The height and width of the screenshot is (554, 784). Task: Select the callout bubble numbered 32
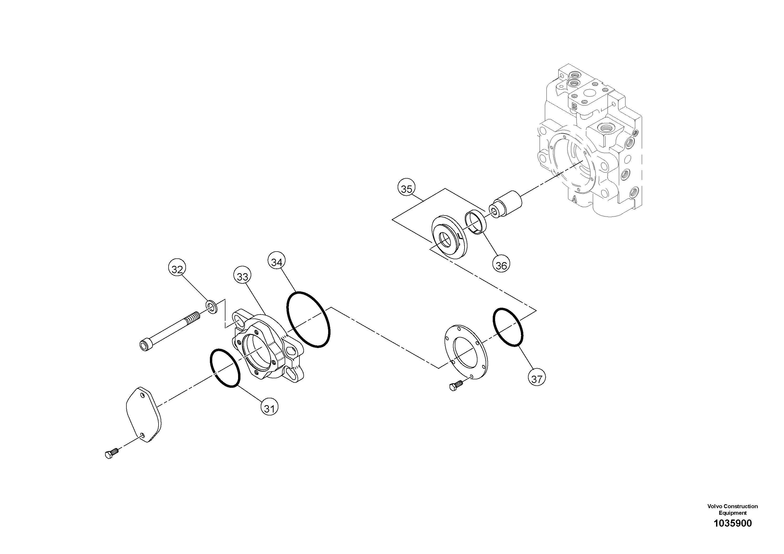tap(177, 269)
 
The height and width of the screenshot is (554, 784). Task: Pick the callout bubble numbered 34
tap(276, 262)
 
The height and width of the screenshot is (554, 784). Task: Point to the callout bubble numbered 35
tap(406, 189)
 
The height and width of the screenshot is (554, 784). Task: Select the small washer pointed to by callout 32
tap(212, 306)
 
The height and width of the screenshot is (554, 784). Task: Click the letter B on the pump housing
tap(574, 107)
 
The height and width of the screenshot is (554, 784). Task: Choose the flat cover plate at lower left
tap(144, 415)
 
